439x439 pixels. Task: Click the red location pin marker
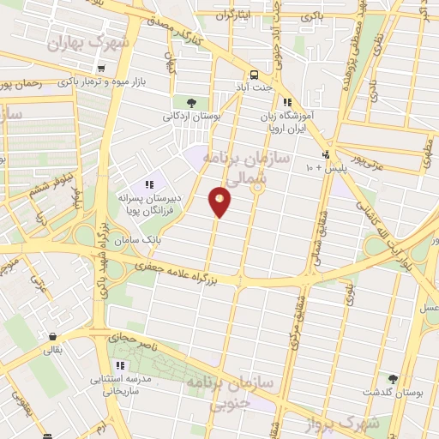(x=220, y=201)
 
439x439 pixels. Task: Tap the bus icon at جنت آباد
(x=254, y=75)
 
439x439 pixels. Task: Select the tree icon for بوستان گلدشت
(x=394, y=378)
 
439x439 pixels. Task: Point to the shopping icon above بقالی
(x=54, y=336)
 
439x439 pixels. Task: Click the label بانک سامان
(x=141, y=242)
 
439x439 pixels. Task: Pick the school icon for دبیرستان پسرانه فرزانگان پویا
(x=149, y=183)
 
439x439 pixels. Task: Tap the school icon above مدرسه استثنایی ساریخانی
(x=120, y=365)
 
